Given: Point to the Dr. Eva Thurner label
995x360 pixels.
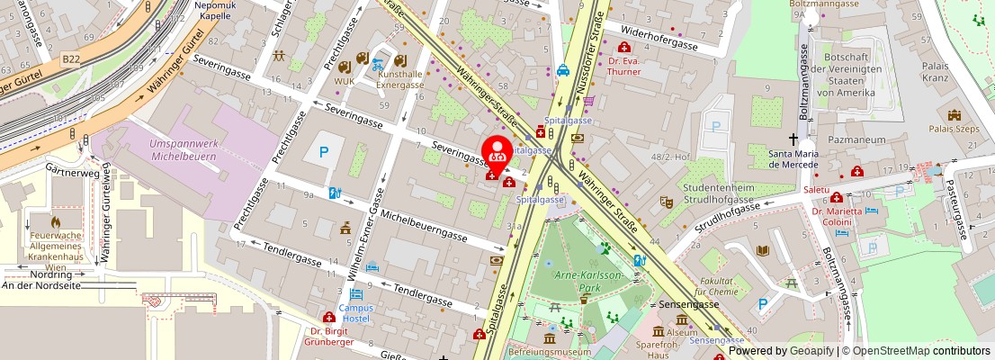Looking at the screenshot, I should [623, 67].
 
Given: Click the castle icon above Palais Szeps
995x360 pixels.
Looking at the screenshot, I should [954, 115].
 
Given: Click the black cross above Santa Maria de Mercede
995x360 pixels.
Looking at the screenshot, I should [793, 139].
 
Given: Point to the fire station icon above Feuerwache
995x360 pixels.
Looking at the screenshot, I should [56, 220].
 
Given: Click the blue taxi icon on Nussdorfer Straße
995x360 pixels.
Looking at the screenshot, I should [562, 70].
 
